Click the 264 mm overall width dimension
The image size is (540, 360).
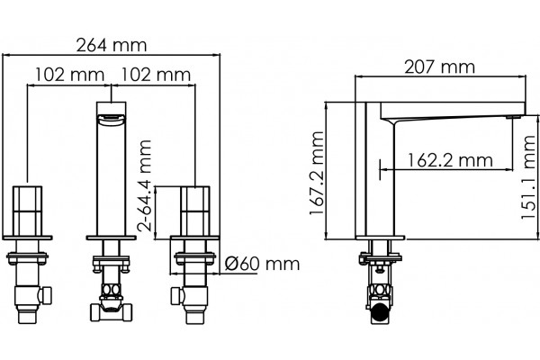tap(112, 45)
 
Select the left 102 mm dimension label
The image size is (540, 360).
tap(70, 75)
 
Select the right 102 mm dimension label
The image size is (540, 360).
tap(156, 75)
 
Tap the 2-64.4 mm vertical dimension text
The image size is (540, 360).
tap(144, 185)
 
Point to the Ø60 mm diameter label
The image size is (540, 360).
tap(263, 264)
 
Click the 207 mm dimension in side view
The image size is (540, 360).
tap(439, 67)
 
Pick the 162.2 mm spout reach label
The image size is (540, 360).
tap(450, 160)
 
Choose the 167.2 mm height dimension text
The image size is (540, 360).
tap(317, 174)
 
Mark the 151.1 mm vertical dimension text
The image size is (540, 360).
tap(528, 177)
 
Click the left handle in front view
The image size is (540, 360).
tap(28, 211)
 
